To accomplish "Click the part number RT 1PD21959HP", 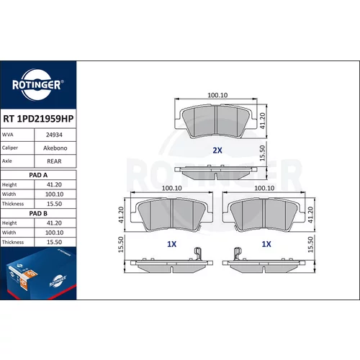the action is pyautogui.click(x=38, y=119).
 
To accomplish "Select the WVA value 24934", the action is pyautogui.click(x=54, y=135).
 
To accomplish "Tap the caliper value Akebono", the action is pyautogui.click(x=55, y=148).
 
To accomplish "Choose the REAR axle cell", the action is pyautogui.click(x=54, y=161).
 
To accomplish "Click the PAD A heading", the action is pyautogui.click(x=38, y=175).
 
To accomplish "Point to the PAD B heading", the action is pyautogui.click(x=38, y=213).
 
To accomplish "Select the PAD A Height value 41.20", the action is pyautogui.click(x=54, y=184).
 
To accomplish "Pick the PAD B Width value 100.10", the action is pyautogui.click(x=55, y=233).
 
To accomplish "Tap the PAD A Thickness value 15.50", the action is pyautogui.click(x=54, y=204).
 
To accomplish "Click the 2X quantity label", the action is pyautogui.click(x=217, y=150).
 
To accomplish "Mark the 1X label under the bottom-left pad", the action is pyautogui.click(x=171, y=244).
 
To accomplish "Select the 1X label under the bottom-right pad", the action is pyautogui.click(x=266, y=244).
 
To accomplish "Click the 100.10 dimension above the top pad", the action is pyautogui.click(x=217, y=95).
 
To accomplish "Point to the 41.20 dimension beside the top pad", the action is pyautogui.click(x=263, y=121).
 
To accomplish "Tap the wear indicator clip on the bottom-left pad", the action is pyautogui.click(x=197, y=253).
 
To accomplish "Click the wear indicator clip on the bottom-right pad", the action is pyautogui.click(x=238, y=253).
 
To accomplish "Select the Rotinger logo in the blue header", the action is pyautogui.click(x=37, y=84).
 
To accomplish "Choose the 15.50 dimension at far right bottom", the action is pyautogui.click(x=310, y=244).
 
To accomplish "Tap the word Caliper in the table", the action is pyautogui.click(x=10, y=148).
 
